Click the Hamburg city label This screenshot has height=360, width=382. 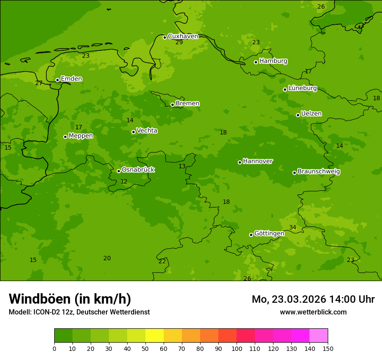click(273, 61)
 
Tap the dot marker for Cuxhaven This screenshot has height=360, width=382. click(165, 37)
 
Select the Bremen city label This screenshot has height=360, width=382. click(187, 104)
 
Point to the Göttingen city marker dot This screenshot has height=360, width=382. click(251, 235)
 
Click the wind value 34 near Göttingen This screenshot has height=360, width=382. click(293, 228)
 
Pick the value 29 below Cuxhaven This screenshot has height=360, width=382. click(179, 43)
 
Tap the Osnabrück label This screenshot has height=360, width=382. click(138, 170)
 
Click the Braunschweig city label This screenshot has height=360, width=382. click(319, 172)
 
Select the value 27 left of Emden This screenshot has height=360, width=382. click(39, 83)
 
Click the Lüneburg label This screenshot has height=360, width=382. click(302, 88)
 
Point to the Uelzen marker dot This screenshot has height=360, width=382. click(298, 115)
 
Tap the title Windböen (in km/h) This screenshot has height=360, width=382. click(70, 299)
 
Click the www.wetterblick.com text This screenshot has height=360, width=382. click(313, 312)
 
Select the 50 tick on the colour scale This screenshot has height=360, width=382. click(145, 348)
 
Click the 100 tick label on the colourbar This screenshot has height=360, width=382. click(237, 348)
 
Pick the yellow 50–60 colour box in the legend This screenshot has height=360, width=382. click(155, 336)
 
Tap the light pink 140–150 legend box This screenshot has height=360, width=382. click(319, 336)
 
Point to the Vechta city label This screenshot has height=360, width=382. click(147, 131)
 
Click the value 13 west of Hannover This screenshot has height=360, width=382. click(182, 167)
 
